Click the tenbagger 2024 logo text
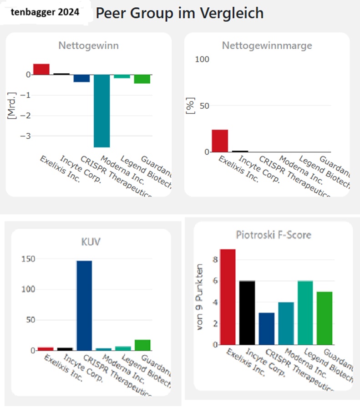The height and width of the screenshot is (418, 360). pyautogui.click(x=45, y=12)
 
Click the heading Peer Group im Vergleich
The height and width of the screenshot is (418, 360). pyautogui.click(x=179, y=13)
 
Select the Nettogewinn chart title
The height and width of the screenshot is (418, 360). pyautogui.click(x=88, y=45)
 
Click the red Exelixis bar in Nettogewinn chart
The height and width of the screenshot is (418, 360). pyautogui.click(x=41, y=69)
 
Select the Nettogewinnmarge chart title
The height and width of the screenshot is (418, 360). pyautogui.click(x=267, y=45)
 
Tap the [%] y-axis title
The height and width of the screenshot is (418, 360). pyautogui.click(x=191, y=106)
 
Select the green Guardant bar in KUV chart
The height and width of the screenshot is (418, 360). pyautogui.click(x=143, y=345)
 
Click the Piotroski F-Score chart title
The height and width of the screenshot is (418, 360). pyautogui.click(x=273, y=235)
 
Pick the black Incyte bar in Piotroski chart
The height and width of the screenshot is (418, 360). pyautogui.click(x=247, y=312)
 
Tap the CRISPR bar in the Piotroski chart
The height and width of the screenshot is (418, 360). pyautogui.click(x=267, y=328)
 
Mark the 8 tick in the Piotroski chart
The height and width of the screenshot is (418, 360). pyautogui.click(x=215, y=260)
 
